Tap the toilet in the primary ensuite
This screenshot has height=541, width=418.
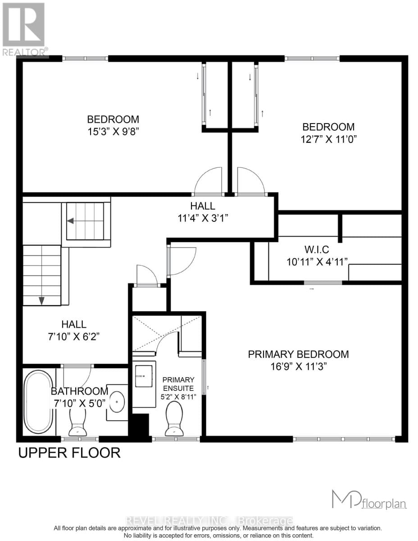tap(174, 418)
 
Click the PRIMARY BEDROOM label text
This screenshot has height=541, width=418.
tap(298, 354)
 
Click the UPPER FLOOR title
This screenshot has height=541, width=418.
tap(69, 452)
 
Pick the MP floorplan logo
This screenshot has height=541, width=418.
tap(368, 500)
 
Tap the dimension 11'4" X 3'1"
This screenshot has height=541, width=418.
tap(202, 218)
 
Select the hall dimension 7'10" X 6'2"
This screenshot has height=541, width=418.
tap(74, 336)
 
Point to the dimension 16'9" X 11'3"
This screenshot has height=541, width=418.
tap(298, 366)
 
